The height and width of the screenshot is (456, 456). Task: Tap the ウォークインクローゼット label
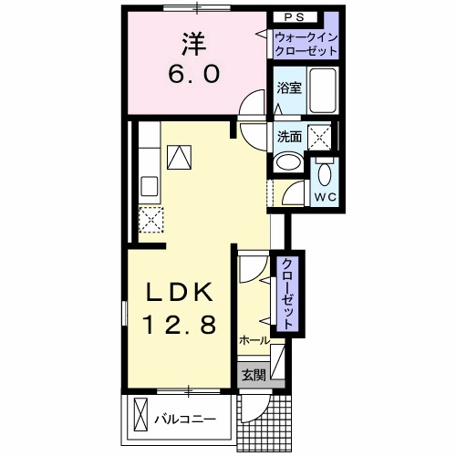pyautogui.click(x=304, y=44)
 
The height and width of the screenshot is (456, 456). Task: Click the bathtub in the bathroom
pyautogui.click(x=321, y=92)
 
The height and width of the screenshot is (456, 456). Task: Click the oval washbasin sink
pyautogui.click(x=289, y=163)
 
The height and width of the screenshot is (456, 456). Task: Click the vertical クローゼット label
pyautogui.click(x=286, y=293)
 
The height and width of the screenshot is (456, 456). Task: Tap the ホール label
pyautogui.click(x=254, y=340)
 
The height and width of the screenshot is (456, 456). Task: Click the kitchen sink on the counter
pyautogui.click(x=148, y=181)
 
